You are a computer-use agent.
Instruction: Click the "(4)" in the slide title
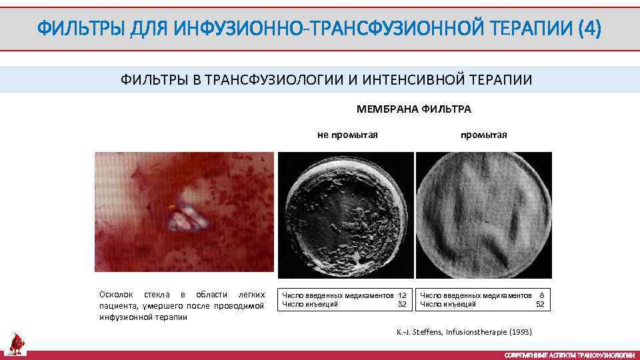[589, 29]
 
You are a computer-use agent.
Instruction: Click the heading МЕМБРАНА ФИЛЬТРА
[414, 109]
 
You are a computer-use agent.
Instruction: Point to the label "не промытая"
[347, 135]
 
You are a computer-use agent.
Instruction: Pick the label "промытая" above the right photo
[483, 135]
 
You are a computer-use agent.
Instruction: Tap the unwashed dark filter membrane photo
[345, 215]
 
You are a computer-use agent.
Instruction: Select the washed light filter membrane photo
[484, 215]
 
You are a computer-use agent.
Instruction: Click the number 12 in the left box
[402, 295]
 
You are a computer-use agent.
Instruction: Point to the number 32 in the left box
[402, 304]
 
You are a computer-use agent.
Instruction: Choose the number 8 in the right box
[542, 295]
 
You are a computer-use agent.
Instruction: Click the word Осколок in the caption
[116, 294]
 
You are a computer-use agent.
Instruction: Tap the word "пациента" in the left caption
[116, 305]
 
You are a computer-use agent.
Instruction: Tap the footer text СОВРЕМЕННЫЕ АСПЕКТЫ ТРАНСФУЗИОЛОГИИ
[569, 355]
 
